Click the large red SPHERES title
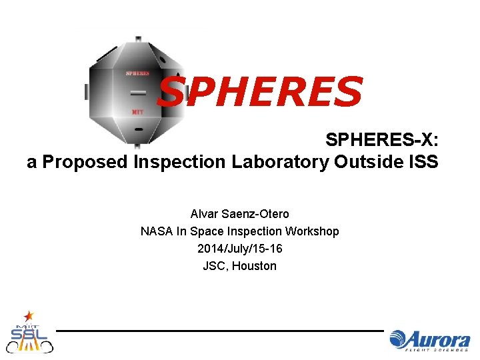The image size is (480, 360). point(260,92)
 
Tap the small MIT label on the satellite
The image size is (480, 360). point(137,111)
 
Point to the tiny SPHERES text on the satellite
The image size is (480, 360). point(137,73)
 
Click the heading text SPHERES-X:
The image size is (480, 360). point(381,140)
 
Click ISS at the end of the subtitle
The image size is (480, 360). point(425,162)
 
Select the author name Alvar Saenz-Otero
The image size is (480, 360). point(240,214)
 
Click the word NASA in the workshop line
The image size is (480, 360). point(155,231)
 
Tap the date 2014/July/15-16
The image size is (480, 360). point(240,249)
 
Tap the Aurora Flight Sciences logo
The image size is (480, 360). point(430,339)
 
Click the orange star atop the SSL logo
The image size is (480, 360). point(29,314)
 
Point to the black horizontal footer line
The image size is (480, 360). point(220,330)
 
